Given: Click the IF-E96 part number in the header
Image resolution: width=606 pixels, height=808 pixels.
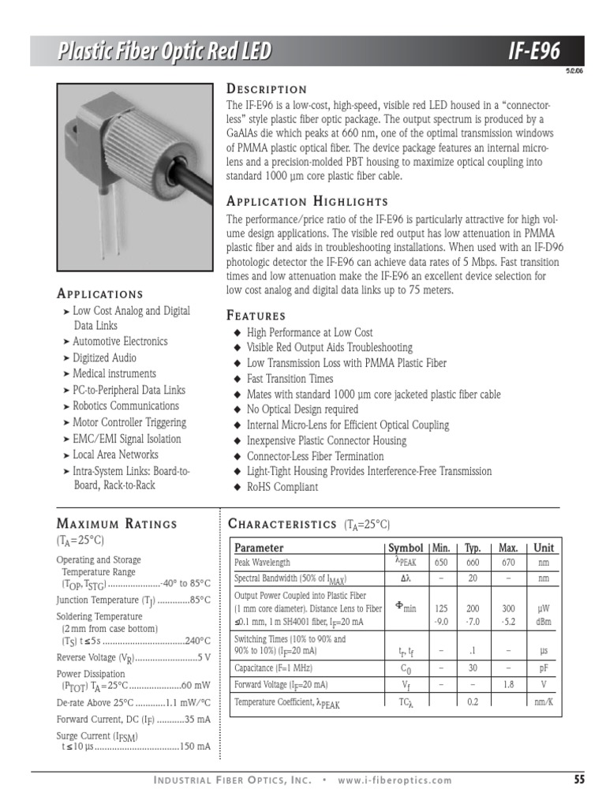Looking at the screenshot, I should [x=535, y=52].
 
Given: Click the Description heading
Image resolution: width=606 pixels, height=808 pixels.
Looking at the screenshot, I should [x=267, y=89].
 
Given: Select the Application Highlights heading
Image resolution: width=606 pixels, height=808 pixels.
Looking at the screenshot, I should [x=307, y=201].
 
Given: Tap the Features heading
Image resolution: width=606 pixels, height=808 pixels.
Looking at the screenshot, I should [x=256, y=315].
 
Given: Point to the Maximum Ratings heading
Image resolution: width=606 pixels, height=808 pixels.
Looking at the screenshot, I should [x=117, y=523].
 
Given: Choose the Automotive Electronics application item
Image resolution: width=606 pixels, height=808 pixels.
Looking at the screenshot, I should [x=120, y=342].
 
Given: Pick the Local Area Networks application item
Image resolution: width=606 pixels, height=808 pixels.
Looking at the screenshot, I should [x=115, y=454].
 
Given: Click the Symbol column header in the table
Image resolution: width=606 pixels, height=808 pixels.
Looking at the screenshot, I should [x=406, y=548].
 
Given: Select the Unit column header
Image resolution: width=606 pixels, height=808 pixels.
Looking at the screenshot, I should [x=544, y=548].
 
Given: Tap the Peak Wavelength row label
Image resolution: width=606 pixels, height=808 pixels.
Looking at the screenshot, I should [x=263, y=563].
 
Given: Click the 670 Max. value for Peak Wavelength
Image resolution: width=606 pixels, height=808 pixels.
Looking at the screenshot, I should [x=509, y=563].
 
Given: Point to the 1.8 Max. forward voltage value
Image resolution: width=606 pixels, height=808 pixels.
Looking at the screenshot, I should [x=509, y=685].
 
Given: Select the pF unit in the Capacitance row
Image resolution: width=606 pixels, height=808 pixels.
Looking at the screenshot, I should [x=544, y=667].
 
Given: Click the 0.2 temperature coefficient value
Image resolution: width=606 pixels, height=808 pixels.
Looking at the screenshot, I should [x=473, y=701].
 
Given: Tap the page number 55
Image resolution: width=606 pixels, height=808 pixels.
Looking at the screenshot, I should [x=579, y=780].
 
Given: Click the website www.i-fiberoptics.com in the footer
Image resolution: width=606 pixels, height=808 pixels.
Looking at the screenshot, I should [x=395, y=781].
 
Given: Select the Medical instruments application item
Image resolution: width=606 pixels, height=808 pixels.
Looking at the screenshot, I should [x=114, y=374].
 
